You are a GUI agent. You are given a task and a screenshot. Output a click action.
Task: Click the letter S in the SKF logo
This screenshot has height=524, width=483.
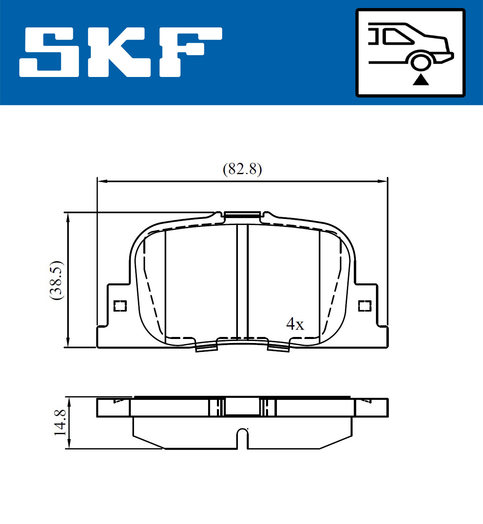(49, 52)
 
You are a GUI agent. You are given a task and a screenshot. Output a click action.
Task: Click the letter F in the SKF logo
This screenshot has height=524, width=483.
(191, 52)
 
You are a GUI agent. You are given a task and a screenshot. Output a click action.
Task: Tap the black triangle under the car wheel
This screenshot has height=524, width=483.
(421, 80)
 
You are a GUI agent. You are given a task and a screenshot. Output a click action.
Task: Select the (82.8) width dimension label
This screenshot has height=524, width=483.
(242, 169)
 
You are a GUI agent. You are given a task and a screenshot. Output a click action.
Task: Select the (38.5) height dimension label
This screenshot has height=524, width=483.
(57, 280)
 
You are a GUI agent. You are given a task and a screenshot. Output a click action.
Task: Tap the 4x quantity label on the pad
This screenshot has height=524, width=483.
(295, 324)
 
